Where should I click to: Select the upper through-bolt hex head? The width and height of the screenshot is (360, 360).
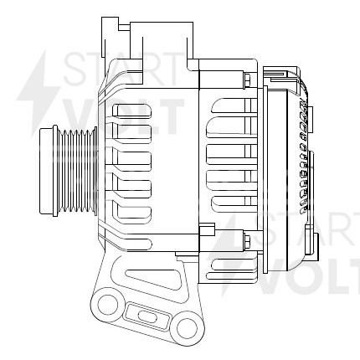click(246, 80)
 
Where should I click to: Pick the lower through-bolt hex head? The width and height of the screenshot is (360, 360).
click(246, 243)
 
